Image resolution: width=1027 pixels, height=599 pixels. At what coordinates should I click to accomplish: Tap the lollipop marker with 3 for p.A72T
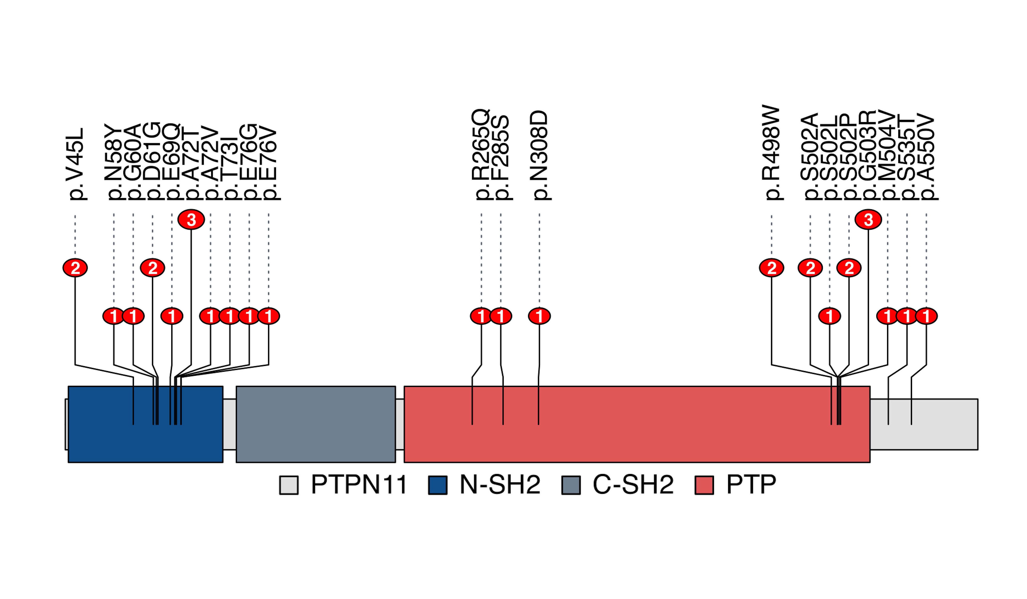(x=191, y=220)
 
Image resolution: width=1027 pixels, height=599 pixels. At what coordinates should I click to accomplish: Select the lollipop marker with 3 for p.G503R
(x=868, y=220)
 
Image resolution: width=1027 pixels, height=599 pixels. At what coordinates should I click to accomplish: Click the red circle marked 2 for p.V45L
(x=75, y=268)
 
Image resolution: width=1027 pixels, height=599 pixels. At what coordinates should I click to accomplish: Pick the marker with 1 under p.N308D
(x=539, y=316)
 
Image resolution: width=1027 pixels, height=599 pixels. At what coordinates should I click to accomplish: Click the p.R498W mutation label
(x=772, y=153)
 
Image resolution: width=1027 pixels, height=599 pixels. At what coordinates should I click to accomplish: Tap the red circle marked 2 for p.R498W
(x=772, y=268)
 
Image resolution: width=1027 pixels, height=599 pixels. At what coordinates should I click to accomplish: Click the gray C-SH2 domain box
(x=316, y=424)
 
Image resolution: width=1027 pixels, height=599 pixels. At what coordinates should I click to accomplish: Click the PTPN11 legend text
(x=359, y=485)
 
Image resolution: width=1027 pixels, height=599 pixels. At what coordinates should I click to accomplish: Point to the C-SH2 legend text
(x=633, y=485)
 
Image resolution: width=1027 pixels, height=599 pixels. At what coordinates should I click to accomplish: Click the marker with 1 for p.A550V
(x=926, y=316)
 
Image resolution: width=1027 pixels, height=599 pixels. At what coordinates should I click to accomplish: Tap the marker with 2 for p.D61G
(x=152, y=268)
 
